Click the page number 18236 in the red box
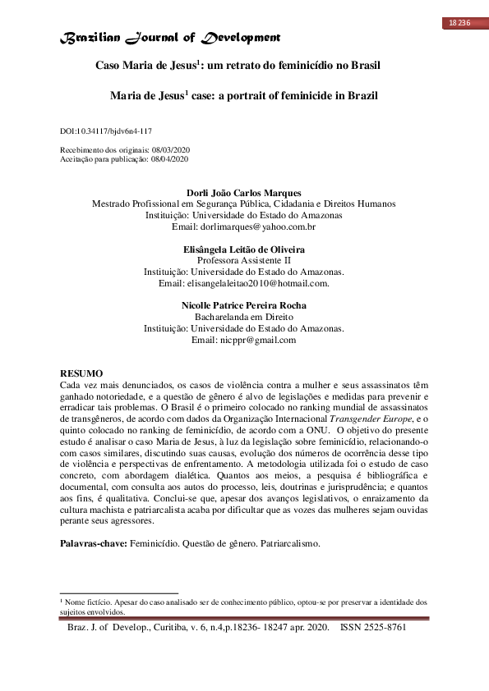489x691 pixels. pyautogui.click(x=459, y=22)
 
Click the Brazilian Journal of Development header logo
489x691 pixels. pyautogui.click(x=171, y=38)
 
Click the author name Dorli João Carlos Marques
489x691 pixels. pyautogui.click(x=244, y=194)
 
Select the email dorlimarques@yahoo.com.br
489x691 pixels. pyautogui.click(x=244, y=226)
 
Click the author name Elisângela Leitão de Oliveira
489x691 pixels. pyautogui.click(x=244, y=249)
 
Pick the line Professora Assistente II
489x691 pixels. pyautogui.click(x=244, y=260)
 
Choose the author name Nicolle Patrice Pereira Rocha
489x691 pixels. pyautogui.click(x=244, y=306)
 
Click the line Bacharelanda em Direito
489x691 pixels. pyautogui.click(x=244, y=317)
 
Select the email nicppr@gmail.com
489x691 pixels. pyautogui.click(x=243, y=340)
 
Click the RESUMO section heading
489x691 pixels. pyautogui.click(x=82, y=373)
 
